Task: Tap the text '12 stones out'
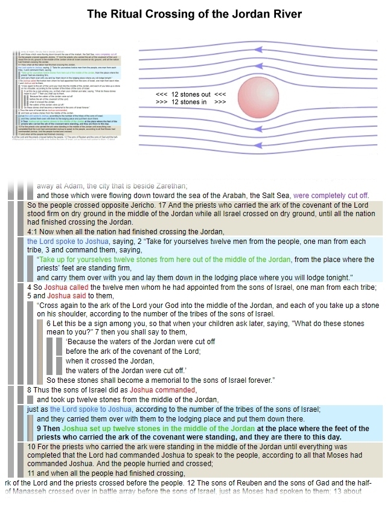point(191,95)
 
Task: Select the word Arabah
point(202,196)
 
